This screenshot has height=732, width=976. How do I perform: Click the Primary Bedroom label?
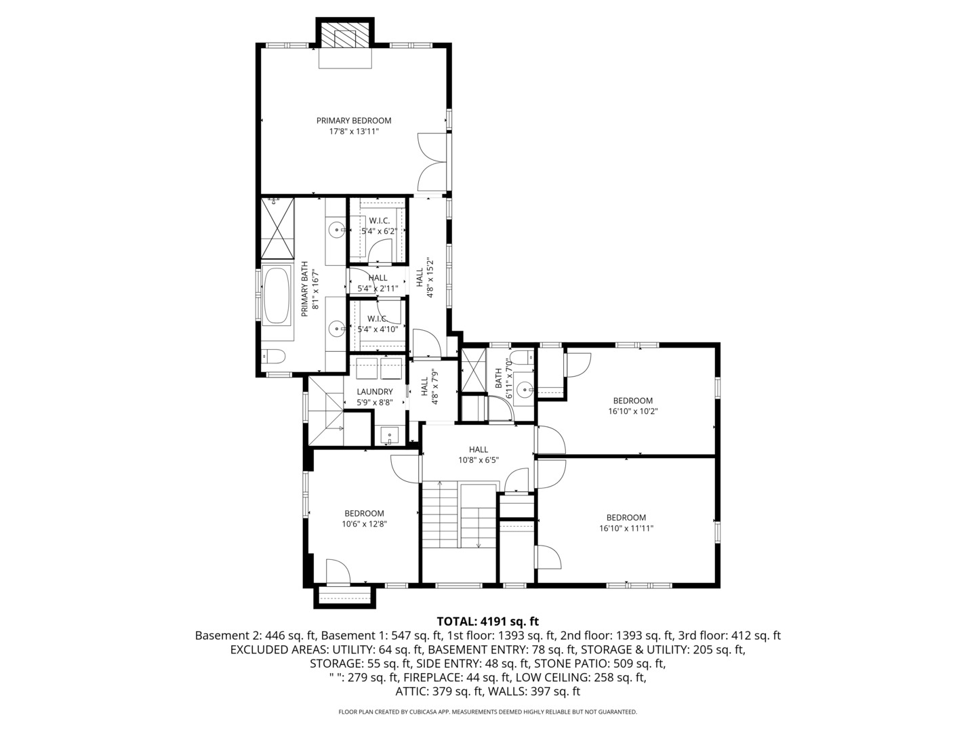[x=354, y=121]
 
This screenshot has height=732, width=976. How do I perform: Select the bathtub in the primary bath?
[x=277, y=297]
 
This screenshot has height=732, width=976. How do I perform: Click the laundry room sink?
[x=390, y=435]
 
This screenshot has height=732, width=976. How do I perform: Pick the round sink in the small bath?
[x=523, y=390]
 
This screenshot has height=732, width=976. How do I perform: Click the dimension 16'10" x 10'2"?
[x=633, y=411]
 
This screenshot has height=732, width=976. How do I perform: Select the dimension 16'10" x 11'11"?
[x=626, y=529]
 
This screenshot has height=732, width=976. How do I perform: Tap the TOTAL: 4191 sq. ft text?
[x=488, y=621]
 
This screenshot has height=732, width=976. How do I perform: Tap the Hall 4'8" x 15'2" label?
[x=424, y=282]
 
